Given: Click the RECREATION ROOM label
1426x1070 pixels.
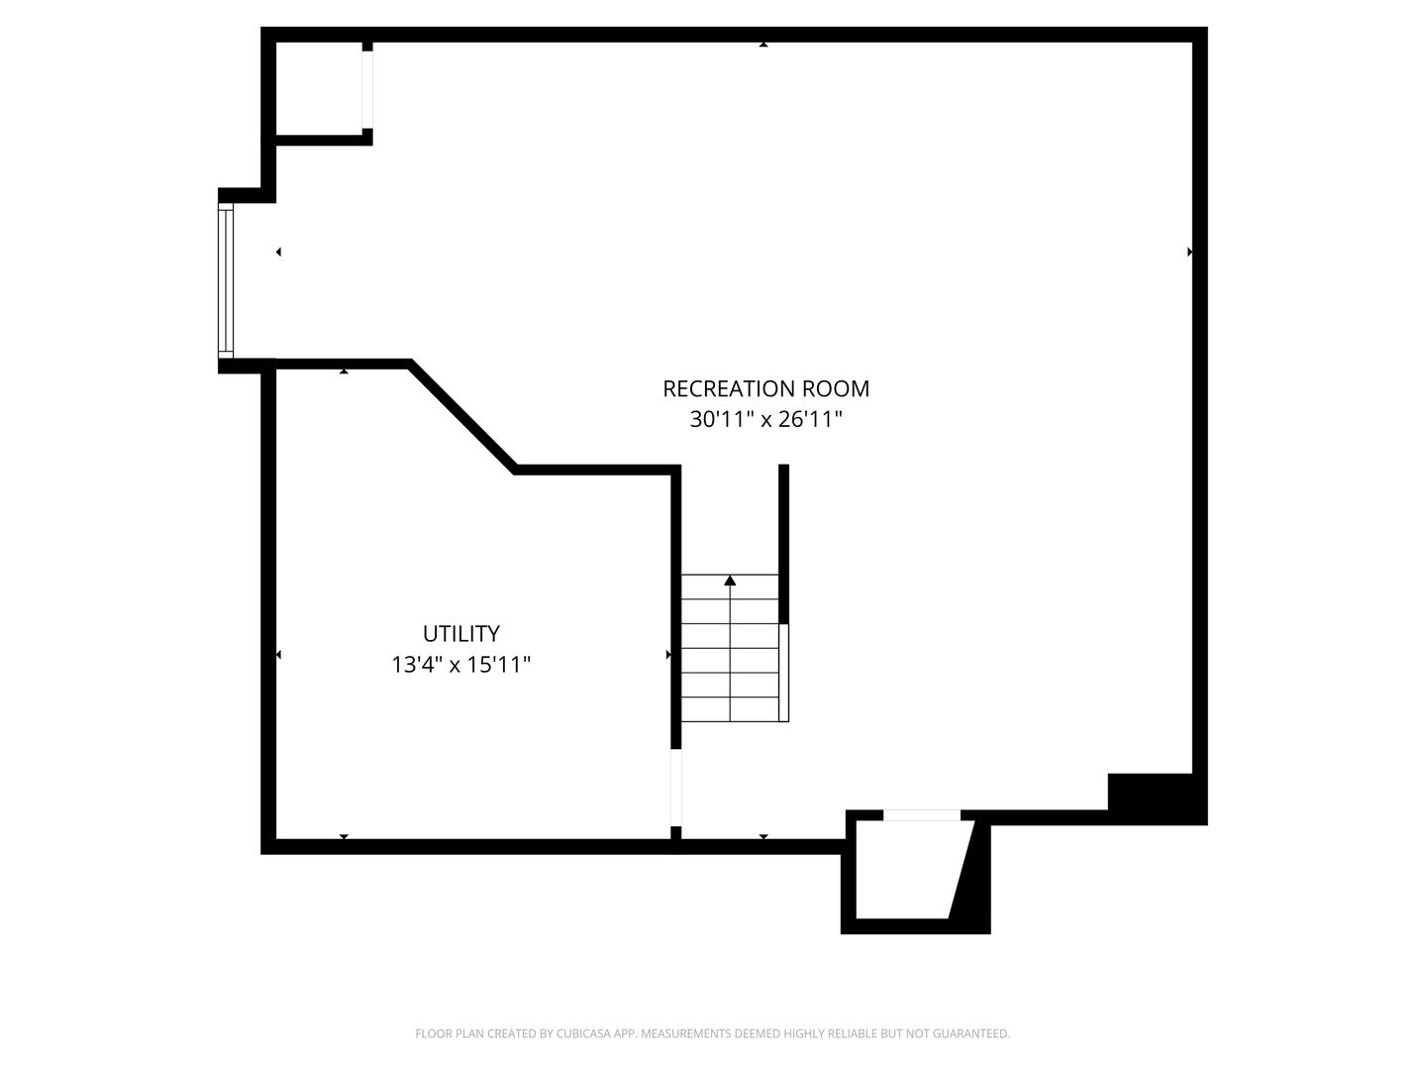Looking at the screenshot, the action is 765,388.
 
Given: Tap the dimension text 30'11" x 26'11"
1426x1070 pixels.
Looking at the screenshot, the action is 765,419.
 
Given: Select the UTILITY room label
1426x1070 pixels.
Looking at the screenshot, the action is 460,633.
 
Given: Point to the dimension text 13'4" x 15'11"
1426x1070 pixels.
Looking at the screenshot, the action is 460,665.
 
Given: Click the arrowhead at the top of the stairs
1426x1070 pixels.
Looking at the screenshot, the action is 730,581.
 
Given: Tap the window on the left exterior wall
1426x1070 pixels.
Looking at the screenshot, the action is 226,280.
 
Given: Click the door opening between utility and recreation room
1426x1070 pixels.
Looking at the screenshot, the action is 675,788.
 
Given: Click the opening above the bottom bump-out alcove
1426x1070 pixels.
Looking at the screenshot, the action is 921,814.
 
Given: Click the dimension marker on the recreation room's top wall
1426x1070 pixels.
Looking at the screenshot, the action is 764,45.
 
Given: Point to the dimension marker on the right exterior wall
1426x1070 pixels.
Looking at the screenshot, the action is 1189,252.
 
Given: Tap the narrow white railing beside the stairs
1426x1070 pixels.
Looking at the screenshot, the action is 783,673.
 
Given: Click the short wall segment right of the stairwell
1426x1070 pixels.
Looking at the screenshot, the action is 783,544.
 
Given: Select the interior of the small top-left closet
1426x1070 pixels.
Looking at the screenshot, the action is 319,88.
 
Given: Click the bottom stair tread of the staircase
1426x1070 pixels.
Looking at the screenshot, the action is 730,709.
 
